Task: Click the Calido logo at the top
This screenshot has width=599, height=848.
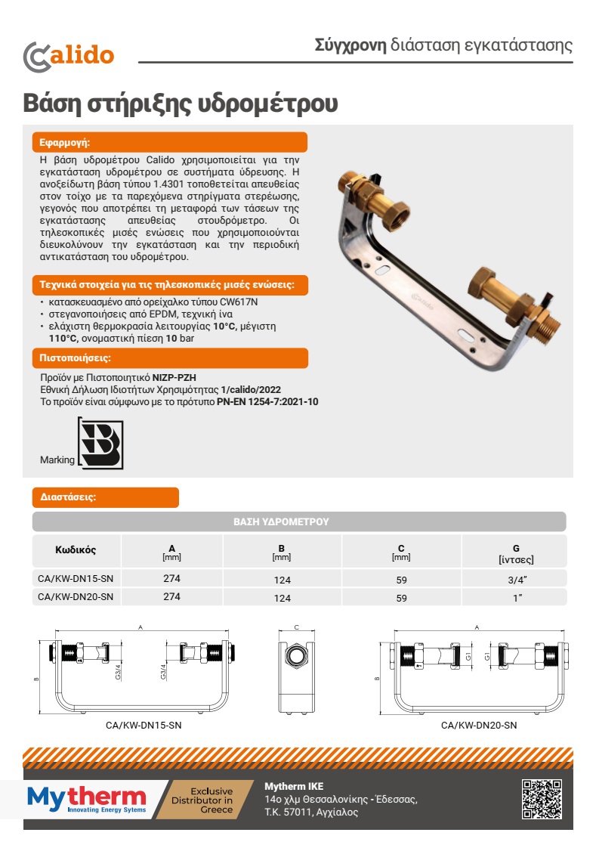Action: (x=69, y=55)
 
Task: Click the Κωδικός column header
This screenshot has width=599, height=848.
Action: (x=76, y=549)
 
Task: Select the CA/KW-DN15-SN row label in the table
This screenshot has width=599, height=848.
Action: (x=76, y=579)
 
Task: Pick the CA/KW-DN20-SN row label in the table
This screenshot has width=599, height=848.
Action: (x=76, y=597)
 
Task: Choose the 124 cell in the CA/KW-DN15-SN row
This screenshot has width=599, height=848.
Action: (x=283, y=580)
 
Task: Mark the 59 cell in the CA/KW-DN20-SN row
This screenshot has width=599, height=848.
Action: (x=401, y=598)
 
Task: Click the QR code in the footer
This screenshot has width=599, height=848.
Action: (x=542, y=799)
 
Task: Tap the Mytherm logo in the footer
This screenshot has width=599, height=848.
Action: (x=86, y=798)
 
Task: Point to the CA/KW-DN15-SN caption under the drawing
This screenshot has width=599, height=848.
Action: (x=144, y=724)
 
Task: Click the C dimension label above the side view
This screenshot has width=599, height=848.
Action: (x=297, y=628)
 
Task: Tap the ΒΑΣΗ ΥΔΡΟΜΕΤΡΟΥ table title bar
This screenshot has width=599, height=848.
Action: (x=299, y=521)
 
